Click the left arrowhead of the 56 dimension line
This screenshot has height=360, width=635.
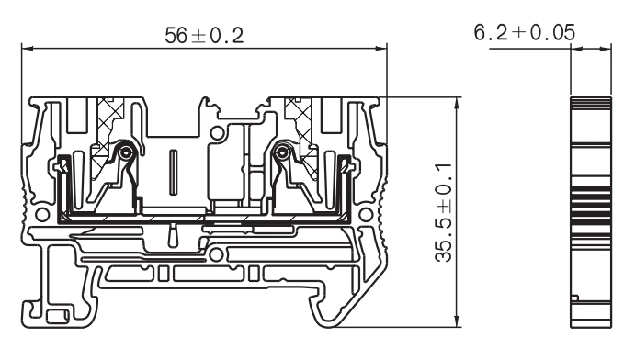pos(27,50)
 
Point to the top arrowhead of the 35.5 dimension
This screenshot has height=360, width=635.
pos(457,100)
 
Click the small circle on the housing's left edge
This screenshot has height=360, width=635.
pos(38,214)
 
